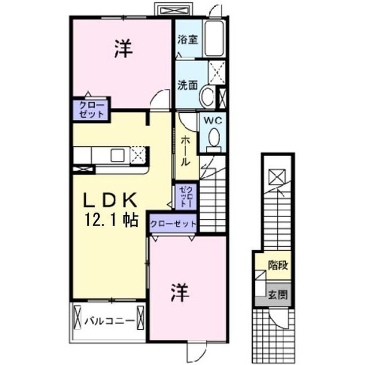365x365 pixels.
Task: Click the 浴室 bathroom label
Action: pyautogui.click(x=188, y=39)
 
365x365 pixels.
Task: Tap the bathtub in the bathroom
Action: pyautogui.click(x=214, y=38)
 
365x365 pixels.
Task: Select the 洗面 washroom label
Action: pyautogui.click(x=188, y=85)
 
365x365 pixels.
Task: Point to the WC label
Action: pyautogui.click(x=213, y=121)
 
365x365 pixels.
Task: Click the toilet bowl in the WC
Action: pyautogui.click(x=214, y=138)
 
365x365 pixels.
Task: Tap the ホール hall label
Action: pyautogui.click(x=186, y=151)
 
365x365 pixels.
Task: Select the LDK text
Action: pyautogui.click(x=110, y=200)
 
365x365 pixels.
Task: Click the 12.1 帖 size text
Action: pyautogui.click(x=112, y=220)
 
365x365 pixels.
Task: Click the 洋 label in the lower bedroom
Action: pyautogui.click(x=180, y=292)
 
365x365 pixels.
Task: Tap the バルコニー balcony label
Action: pyautogui.click(x=109, y=320)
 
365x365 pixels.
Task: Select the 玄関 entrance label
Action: pyautogui.click(x=278, y=295)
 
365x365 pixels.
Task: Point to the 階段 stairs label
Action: pyautogui.click(x=278, y=265)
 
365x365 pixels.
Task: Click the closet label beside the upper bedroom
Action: pyautogui.click(x=91, y=110)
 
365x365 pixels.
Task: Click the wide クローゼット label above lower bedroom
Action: pyautogui.click(x=173, y=224)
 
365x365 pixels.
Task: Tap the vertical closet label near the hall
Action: pyautogui.click(x=186, y=197)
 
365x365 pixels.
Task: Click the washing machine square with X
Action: pyautogui.click(x=217, y=73)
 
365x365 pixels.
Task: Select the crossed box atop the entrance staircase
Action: pyautogui.click(x=277, y=177)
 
